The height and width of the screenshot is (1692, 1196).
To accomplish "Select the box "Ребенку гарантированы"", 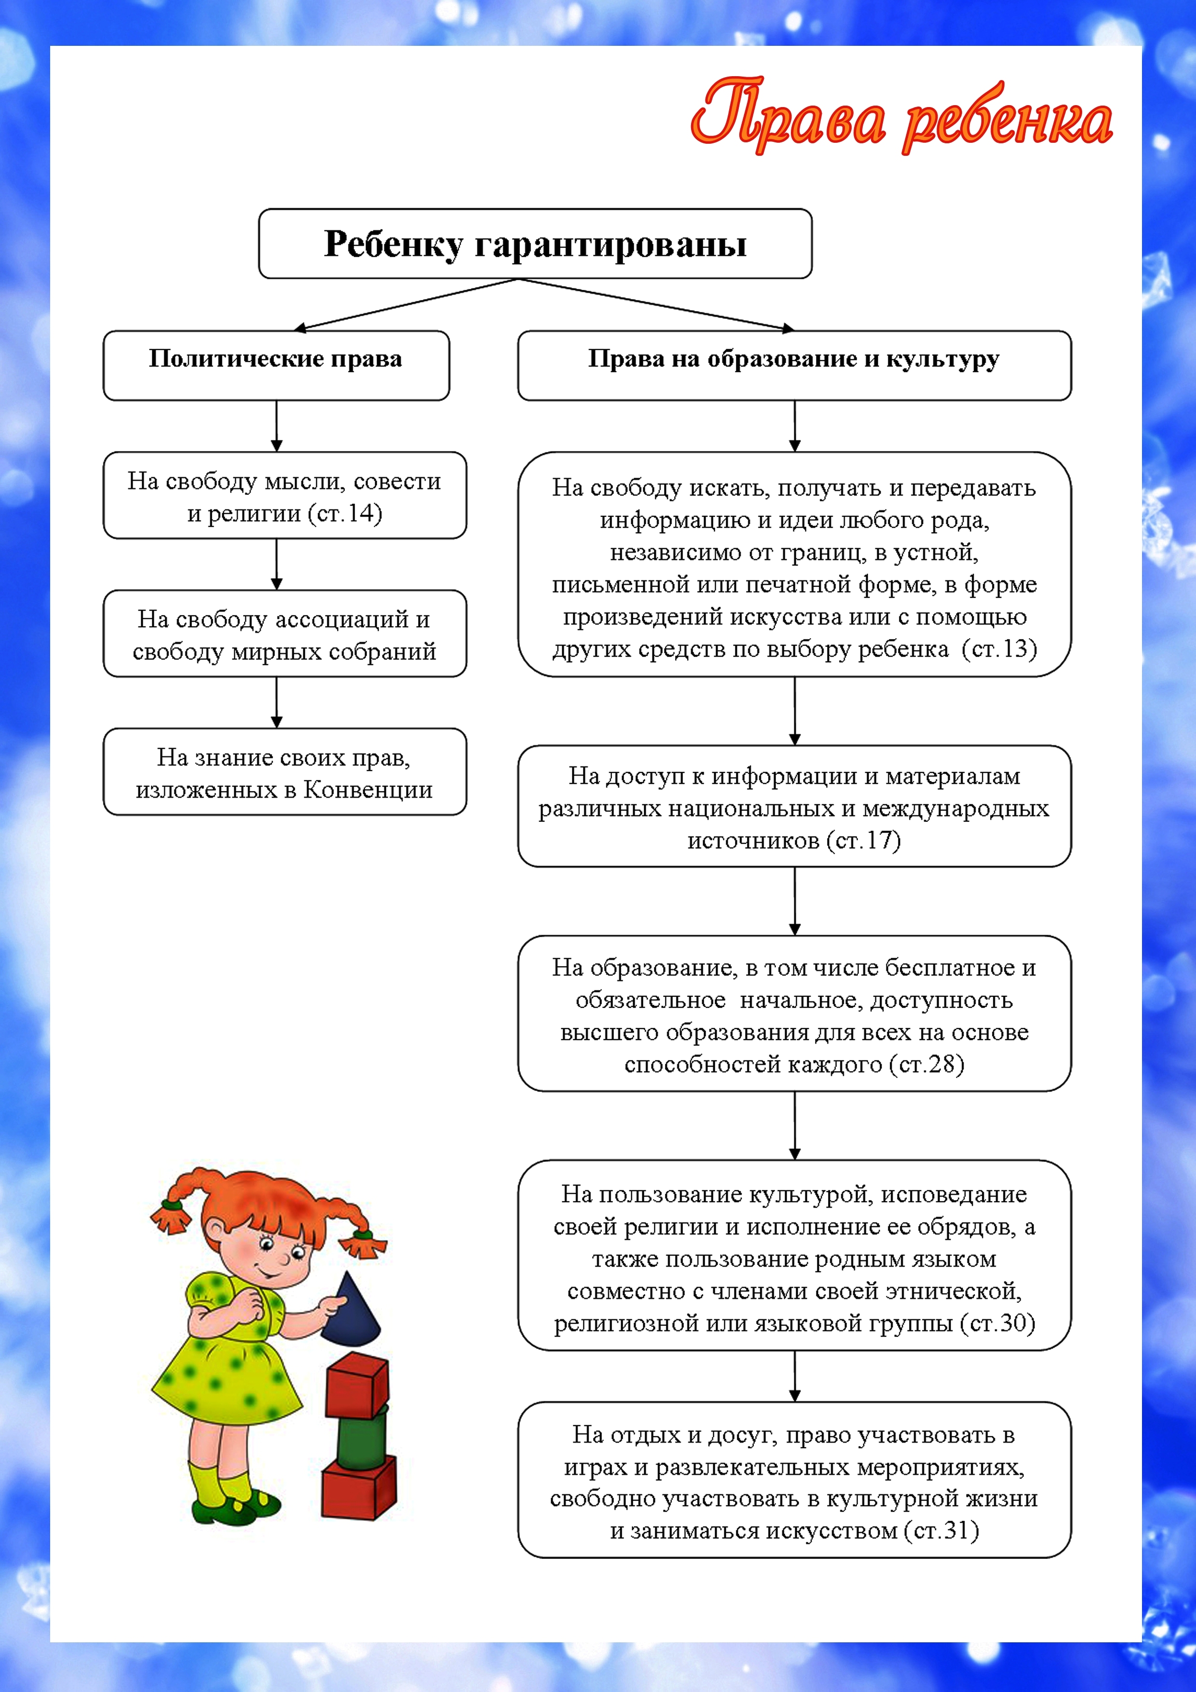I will tap(535, 244).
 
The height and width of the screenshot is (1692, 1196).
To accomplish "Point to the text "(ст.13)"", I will tap(999, 649).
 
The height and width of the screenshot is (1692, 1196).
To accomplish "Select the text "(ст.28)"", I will tap(926, 1064).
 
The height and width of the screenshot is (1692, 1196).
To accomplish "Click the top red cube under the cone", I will tap(357, 1382).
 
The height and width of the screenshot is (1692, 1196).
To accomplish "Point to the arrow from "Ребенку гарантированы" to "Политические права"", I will tap(405, 303).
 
